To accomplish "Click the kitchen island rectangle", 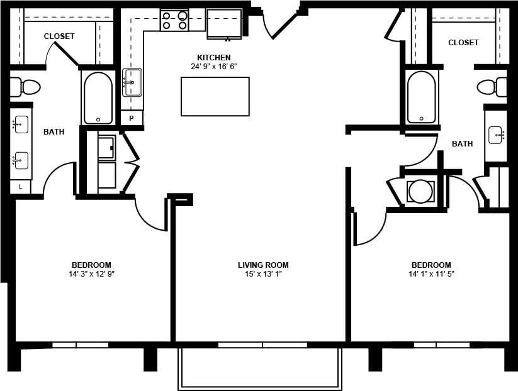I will click(215, 96).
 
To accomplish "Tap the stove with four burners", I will click(174, 21).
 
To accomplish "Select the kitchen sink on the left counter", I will click(132, 82).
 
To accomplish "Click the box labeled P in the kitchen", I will click(132, 118).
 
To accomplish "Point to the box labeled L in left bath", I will click(20, 187).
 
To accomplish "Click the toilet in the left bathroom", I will click(25, 87).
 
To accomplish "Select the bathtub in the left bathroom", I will click(98, 97).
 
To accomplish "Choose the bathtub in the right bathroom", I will click(420, 97).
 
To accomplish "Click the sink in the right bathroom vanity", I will click(496, 135).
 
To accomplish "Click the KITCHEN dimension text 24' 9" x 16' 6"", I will click(214, 66).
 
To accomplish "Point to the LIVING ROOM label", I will click(263, 265).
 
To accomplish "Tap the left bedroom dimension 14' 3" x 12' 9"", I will click(91, 274).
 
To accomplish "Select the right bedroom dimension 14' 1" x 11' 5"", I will click(431, 274).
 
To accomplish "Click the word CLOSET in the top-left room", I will click(59, 36).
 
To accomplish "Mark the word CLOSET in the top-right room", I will click(463, 43).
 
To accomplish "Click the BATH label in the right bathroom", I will click(462, 144).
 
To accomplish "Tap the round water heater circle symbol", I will click(420, 191).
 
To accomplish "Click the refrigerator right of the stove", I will click(224, 24).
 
